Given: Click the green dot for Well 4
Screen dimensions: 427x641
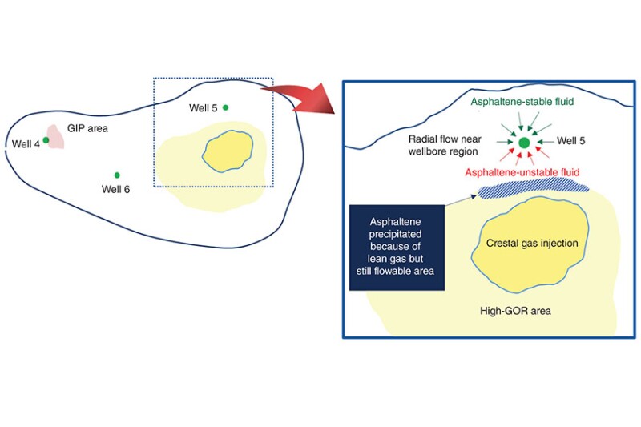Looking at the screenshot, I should [46, 140].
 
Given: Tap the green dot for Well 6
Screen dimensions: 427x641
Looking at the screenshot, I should [117, 175].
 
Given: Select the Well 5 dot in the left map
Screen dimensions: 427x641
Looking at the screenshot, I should [225, 107].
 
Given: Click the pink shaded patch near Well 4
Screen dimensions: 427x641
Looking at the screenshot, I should [55, 135].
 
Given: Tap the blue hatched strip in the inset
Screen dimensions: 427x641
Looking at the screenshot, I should [534, 189].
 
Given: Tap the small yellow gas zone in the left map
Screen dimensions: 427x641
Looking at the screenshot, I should [233, 150].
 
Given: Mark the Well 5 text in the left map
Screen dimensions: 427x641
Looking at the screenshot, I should [203, 107].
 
